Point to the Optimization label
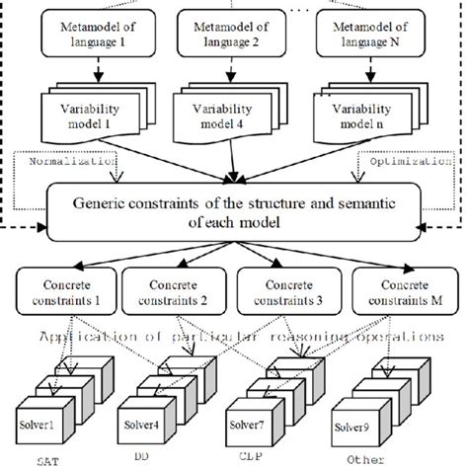(x=402, y=157)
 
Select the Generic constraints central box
(x=234, y=211)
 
